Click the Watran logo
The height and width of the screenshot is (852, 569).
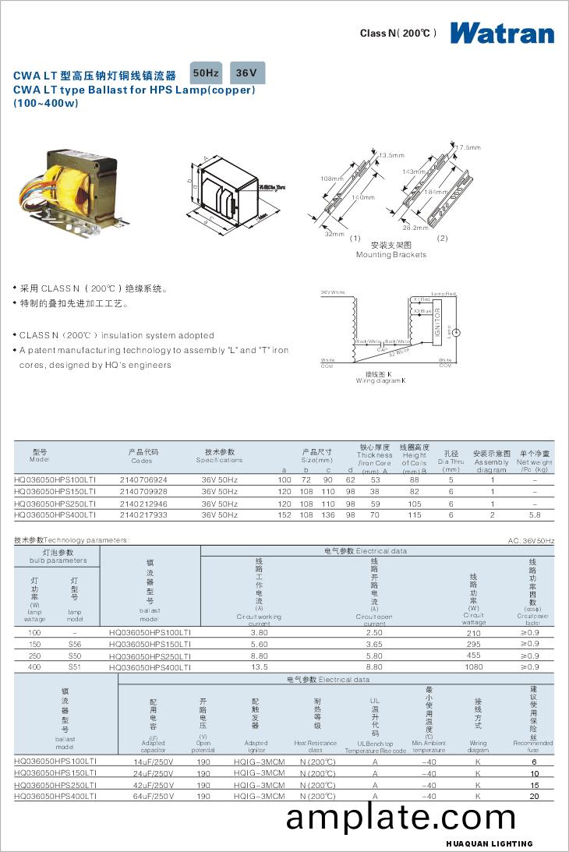click(x=502, y=33)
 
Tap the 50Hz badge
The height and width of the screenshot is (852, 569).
click(x=206, y=73)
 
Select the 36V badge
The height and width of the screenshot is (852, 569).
click(x=246, y=73)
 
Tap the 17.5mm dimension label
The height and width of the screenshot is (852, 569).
click(x=468, y=147)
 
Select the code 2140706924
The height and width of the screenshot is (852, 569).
click(x=143, y=479)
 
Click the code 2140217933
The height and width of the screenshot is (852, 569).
click(x=143, y=514)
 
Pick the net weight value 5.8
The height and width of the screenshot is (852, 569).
click(x=535, y=514)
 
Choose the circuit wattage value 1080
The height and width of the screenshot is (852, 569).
click(x=473, y=666)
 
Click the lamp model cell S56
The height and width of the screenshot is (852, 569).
click(x=75, y=644)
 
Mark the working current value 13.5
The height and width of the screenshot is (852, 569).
click(x=260, y=666)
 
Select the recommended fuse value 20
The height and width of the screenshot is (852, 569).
click(x=534, y=796)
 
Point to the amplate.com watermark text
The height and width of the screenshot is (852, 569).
click(x=401, y=818)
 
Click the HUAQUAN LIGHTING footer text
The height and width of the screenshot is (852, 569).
click(x=489, y=843)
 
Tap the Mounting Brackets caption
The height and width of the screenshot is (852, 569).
click(x=391, y=255)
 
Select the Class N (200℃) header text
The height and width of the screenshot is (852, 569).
click(x=398, y=34)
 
